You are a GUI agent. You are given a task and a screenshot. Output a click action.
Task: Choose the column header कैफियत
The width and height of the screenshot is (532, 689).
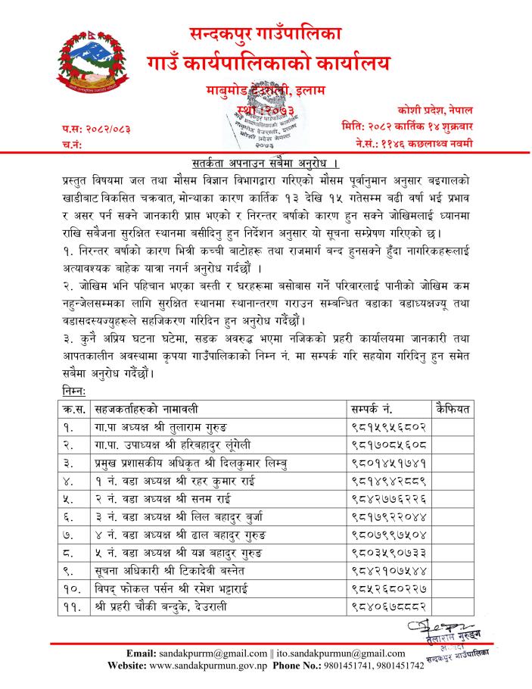coord(453,410)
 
